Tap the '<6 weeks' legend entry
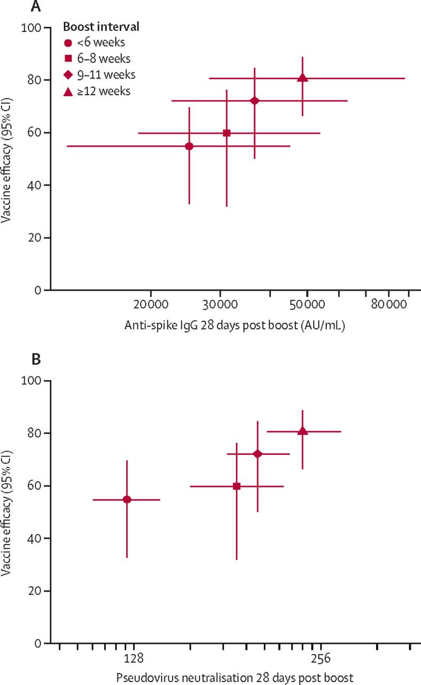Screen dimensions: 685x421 point(100,42)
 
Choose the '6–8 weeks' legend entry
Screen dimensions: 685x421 point(103,58)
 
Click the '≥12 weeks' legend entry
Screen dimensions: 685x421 point(104,91)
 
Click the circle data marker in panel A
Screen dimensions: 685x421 point(189,146)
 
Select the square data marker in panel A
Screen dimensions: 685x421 point(227,133)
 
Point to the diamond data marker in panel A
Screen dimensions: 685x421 point(255,101)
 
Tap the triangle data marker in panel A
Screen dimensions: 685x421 point(302,78)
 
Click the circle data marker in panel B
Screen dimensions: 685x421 point(127,500)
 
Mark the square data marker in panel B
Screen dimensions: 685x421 point(237,486)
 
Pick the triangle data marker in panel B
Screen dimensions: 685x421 point(302,431)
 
